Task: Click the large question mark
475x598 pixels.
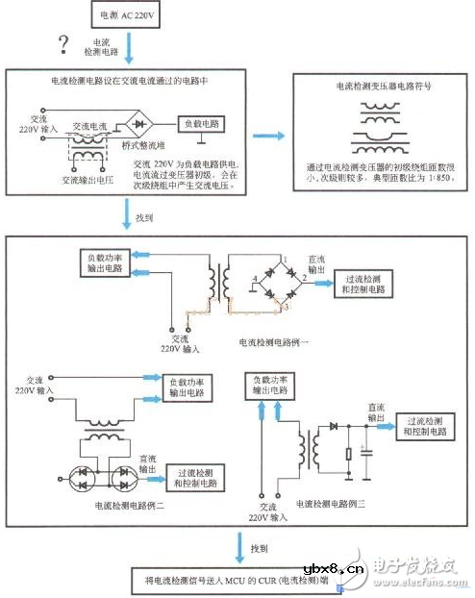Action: (64, 44)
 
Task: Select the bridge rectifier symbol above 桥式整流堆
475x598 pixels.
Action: (142, 125)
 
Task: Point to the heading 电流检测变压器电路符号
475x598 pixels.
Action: (383, 87)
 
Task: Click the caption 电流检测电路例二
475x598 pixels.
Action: (128, 503)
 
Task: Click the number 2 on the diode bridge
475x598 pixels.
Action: (304, 279)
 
